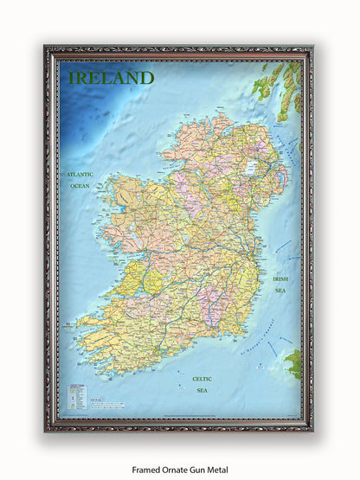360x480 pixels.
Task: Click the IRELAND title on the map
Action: tap(112, 78)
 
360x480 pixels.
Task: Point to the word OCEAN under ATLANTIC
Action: tap(80, 186)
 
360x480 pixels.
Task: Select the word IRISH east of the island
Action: tap(280, 279)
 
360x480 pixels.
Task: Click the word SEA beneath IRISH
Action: tap(280, 291)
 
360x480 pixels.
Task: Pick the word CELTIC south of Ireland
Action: tap(202, 378)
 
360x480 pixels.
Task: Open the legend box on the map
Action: tap(74, 396)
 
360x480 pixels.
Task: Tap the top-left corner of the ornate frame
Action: tap(49, 50)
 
